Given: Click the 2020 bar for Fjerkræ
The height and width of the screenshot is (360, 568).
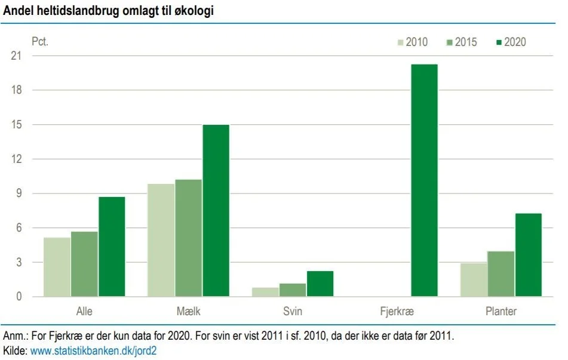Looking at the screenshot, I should point(424,180).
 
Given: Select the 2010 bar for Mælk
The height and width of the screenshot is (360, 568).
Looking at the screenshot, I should point(161,240).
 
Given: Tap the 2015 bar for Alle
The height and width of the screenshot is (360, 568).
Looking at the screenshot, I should point(84,264).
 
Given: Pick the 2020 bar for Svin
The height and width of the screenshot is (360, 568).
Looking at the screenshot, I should point(320,284).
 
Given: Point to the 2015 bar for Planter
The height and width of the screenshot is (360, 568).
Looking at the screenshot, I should point(501,273).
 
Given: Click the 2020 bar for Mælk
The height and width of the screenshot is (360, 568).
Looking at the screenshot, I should point(216,210).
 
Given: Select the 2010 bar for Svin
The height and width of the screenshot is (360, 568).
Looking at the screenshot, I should point(265,292).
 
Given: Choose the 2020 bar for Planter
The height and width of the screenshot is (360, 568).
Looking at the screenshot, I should point(528,255).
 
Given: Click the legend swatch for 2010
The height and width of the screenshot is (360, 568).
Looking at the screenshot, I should point(401,42).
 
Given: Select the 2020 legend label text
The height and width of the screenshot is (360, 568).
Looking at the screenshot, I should point(515,42).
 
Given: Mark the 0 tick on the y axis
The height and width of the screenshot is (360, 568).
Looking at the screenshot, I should point(19,297).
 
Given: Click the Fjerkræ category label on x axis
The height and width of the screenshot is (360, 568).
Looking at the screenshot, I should point(397,312).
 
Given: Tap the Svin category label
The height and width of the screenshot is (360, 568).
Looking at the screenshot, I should point(293,312).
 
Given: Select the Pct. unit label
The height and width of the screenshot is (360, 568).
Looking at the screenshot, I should point(39,42).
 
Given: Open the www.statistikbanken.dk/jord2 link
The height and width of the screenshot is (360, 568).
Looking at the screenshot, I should point(93,351).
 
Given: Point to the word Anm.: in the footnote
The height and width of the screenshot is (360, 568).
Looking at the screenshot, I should point(16,336).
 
